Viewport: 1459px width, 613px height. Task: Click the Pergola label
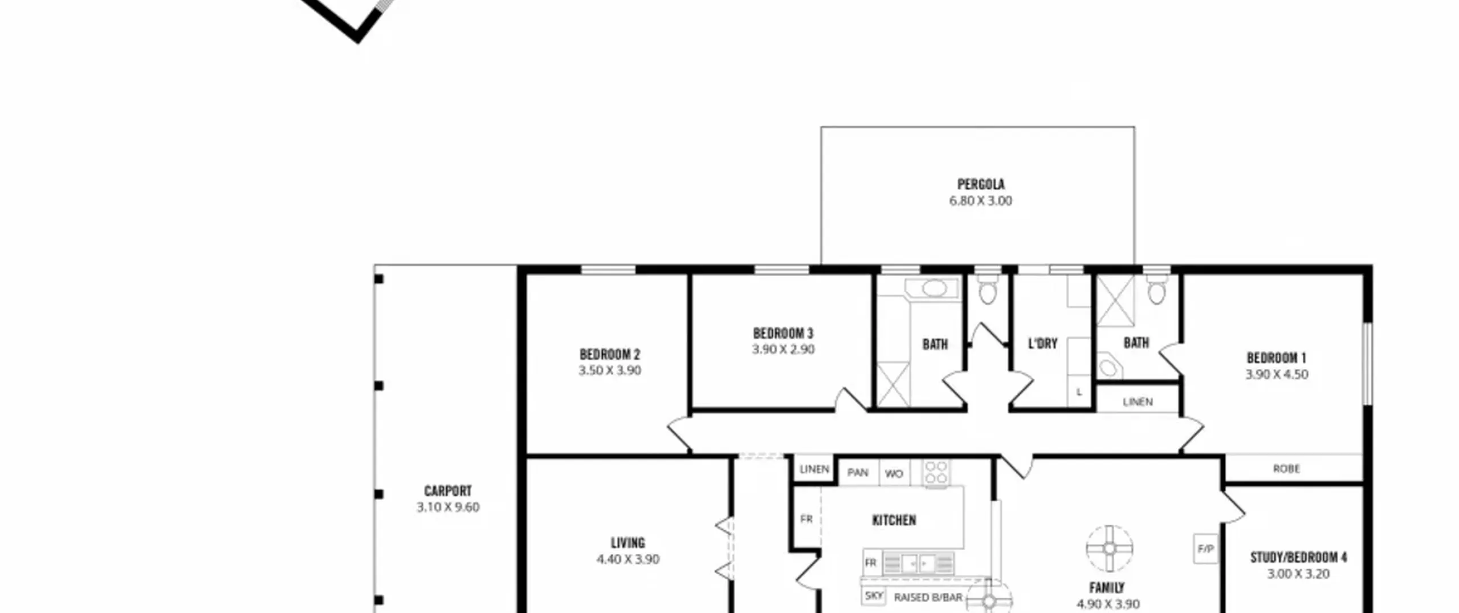pyautogui.click(x=980, y=184)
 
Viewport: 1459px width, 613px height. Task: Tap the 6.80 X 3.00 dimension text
pyautogui.click(x=980, y=201)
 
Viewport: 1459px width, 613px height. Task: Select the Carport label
pyautogui.click(x=447, y=491)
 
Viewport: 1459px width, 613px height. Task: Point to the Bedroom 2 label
pyautogui.click(x=610, y=355)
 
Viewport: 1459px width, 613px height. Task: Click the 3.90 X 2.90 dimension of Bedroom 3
pyautogui.click(x=783, y=349)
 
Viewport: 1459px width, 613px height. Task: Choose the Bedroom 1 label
pyautogui.click(x=1276, y=358)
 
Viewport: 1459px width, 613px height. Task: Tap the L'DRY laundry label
pyautogui.click(x=1042, y=343)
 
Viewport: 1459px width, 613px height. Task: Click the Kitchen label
pyautogui.click(x=894, y=520)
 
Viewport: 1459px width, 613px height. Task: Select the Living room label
pyautogui.click(x=627, y=543)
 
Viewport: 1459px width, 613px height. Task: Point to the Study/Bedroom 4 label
pyautogui.click(x=1298, y=557)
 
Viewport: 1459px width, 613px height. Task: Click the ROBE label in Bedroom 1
pyautogui.click(x=1286, y=469)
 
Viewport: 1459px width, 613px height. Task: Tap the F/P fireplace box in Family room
pyautogui.click(x=1205, y=549)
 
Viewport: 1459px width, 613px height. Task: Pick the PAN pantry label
pyautogui.click(x=858, y=472)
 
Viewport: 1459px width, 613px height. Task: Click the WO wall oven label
pyautogui.click(x=894, y=473)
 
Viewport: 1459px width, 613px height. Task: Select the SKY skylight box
pyautogui.click(x=873, y=596)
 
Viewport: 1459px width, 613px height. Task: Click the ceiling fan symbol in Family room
pyautogui.click(x=1109, y=549)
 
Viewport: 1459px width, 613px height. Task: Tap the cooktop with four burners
pyautogui.click(x=936, y=473)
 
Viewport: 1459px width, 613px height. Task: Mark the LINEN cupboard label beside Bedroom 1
pyautogui.click(x=1138, y=402)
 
